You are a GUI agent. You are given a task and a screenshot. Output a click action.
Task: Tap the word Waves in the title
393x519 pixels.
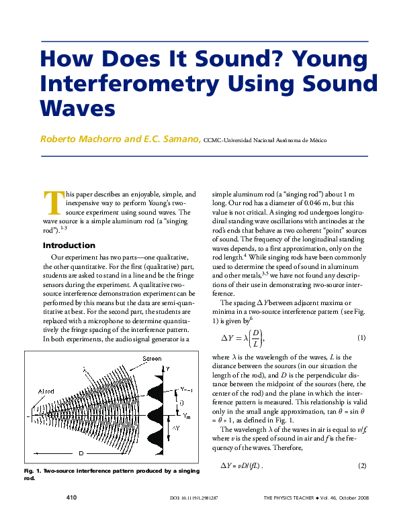[x=77, y=107]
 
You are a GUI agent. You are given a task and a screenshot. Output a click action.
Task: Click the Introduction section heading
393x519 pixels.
[x=69, y=245]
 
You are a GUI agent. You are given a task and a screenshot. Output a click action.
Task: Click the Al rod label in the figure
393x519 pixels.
[x=46, y=391]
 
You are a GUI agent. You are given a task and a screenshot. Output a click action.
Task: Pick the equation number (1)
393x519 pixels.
[x=361, y=337]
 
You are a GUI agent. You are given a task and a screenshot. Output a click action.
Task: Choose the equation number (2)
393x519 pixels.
[x=361, y=466]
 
